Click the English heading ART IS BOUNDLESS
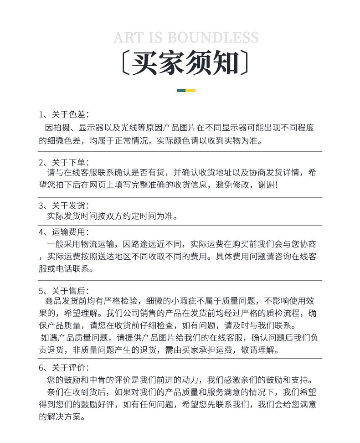[x=186, y=37]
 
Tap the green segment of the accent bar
[x=181, y=90]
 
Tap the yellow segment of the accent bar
[x=191, y=90]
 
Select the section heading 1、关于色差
[x=64, y=114]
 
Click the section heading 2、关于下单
[x=64, y=162]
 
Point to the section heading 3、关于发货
[x=64, y=206]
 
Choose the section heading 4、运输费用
[x=64, y=232]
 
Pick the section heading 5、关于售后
[x=64, y=291]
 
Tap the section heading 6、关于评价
[x=64, y=367]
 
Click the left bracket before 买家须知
[x=125, y=63]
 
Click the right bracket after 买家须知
[x=246, y=63]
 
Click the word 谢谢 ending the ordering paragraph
[x=266, y=185]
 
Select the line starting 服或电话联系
[x=67, y=269]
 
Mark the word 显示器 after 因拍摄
[x=91, y=128]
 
